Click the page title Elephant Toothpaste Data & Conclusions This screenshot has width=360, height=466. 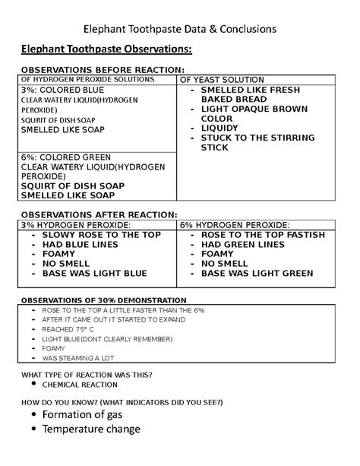tap(179, 30)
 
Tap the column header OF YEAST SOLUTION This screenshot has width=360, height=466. tap(221, 80)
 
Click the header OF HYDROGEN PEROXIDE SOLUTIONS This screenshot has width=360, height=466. tap(90, 79)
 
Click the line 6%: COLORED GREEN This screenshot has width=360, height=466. tap(60, 157)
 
